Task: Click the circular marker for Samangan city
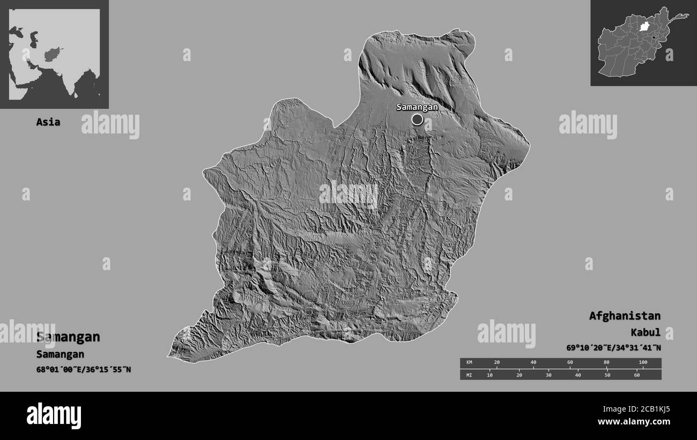click(417, 120)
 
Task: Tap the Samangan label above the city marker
click(417, 107)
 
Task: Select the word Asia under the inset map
click(48, 122)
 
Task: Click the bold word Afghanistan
click(625, 316)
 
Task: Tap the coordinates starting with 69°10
click(613, 348)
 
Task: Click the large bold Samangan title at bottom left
click(68, 337)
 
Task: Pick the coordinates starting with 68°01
click(83, 369)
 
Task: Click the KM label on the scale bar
click(469, 363)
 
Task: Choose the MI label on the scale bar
click(469, 375)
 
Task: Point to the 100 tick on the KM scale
click(643, 363)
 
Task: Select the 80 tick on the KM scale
click(606, 363)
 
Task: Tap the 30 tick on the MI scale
click(548, 375)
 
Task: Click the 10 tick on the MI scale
click(490, 375)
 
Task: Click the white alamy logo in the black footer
click(54, 415)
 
